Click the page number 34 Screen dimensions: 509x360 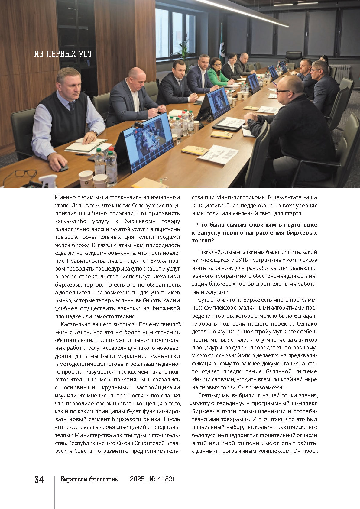(39, 480)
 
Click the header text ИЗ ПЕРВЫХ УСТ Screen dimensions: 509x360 (63, 54)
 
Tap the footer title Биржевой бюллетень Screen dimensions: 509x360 (89, 479)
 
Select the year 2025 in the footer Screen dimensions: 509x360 (137, 479)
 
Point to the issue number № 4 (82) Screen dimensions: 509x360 (162, 479)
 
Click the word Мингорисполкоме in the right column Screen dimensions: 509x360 (240, 198)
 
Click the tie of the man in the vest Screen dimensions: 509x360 (72, 106)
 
